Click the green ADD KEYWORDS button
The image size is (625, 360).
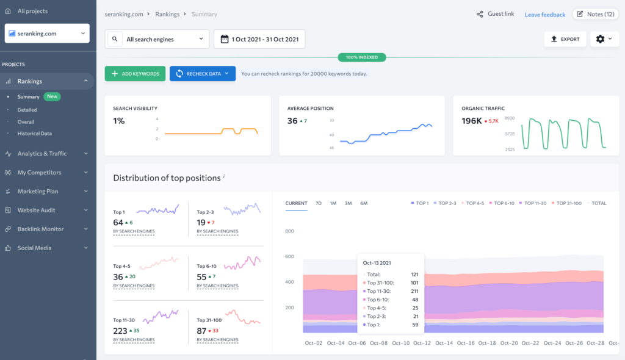[x=135, y=74]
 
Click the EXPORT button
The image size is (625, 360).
[x=565, y=39]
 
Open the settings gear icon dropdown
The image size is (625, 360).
[x=604, y=39]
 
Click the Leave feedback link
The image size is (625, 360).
[x=544, y=15]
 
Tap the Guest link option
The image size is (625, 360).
[x=496, y=14]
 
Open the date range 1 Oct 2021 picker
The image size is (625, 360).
[x=259, y=39]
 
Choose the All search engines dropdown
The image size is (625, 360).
[x=157, y=39]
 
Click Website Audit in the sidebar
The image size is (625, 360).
[x=37, y=211]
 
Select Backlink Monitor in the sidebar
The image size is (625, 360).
[x=40, y=229]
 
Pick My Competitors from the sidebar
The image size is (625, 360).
[x=40, y=173]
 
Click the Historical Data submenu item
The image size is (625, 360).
[x=34, y=134]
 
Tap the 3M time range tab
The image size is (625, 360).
[x=348, y=203]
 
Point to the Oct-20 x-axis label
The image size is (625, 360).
[x=509, y=344]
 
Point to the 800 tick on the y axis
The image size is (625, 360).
[x=289, y=231]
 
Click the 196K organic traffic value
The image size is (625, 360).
[x=472, y=121]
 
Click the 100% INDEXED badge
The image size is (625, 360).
[x=362, y=57]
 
